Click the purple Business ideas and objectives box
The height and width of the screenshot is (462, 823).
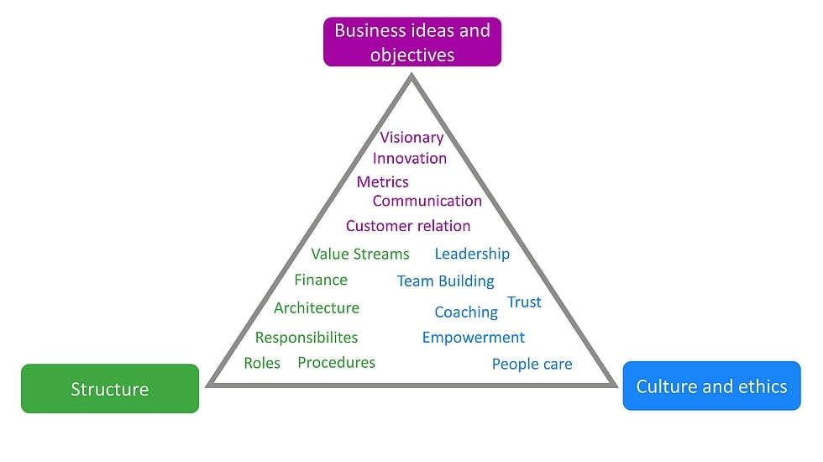pyautogui.click(x=412, y=42)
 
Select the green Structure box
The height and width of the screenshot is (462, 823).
pyautogui.click(x=110, y=389)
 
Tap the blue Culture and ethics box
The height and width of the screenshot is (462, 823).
pyautogui.click(x=711, y=386)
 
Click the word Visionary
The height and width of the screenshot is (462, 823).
pyautogui.click(x=411, y=137)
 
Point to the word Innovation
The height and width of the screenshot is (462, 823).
pyautogui.click(x=410, y=158)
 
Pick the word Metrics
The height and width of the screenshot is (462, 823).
pyautogui.click(x=382, y=181)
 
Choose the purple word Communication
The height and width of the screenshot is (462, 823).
pyautogui.click(x=427, y=201)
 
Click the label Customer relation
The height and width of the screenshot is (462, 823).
pyautogui.click(x=408, y=226)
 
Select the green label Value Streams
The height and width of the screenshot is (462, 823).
pyautogui.click(x=360, y=254)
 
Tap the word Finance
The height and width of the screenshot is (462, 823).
pyautogui.click(x=321, y=280)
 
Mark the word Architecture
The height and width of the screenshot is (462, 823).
pyautogui.click(x=317, y=307)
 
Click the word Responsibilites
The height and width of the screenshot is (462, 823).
pyautogui.click(x=307, y=338)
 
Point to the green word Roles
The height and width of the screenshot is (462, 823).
pyautogui.click(x=262, y=363)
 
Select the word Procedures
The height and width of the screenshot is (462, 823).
pyautogui.click(x=337, y=362)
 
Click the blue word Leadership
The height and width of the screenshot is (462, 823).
pyautogui.click(x=472, y=254)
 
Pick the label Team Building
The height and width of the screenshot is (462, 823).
pyautogui.click(x=446, y=281)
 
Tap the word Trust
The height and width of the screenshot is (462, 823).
pyautogui.click(x=524, y=302)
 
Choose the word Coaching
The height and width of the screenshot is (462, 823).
pyautogui.click(x=466, y=312)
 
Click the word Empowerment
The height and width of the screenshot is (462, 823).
pyautogui.click(x=474, y=338)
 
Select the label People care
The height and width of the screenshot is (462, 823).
pyautogui.click(x=532, y=364)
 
